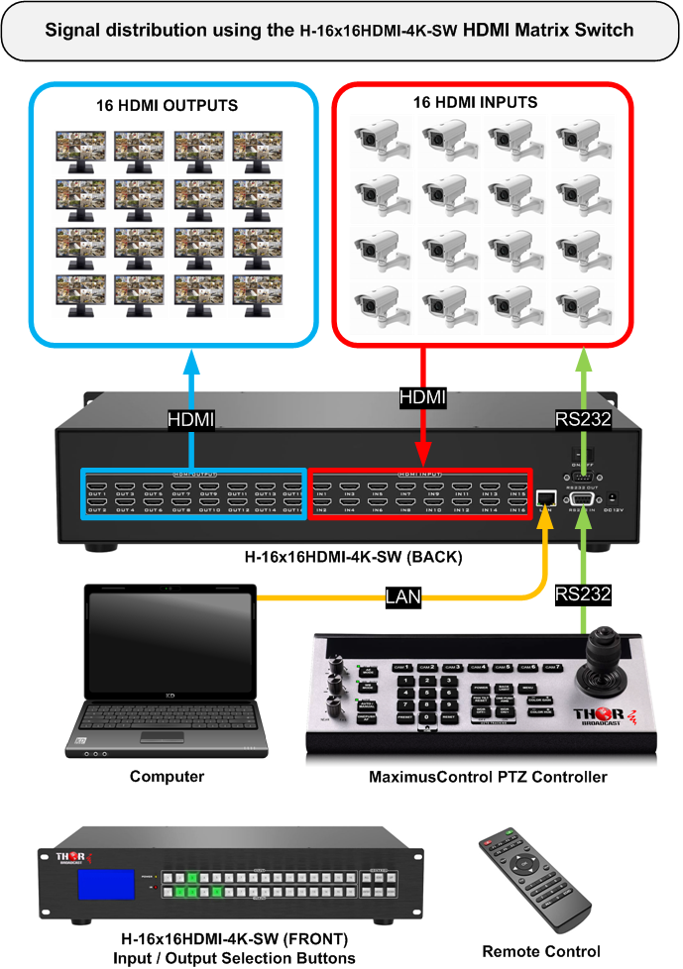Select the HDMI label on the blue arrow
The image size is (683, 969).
tap(191, 420)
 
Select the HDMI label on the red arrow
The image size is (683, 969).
tap(422, 396)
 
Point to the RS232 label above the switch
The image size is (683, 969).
tap(583, 420)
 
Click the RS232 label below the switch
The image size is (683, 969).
tap(583, 594)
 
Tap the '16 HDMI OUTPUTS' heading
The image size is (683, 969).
tap(168, 104)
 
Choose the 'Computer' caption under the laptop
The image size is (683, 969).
tap(167, 777)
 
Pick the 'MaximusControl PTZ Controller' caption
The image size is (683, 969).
tap(487, 777)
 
